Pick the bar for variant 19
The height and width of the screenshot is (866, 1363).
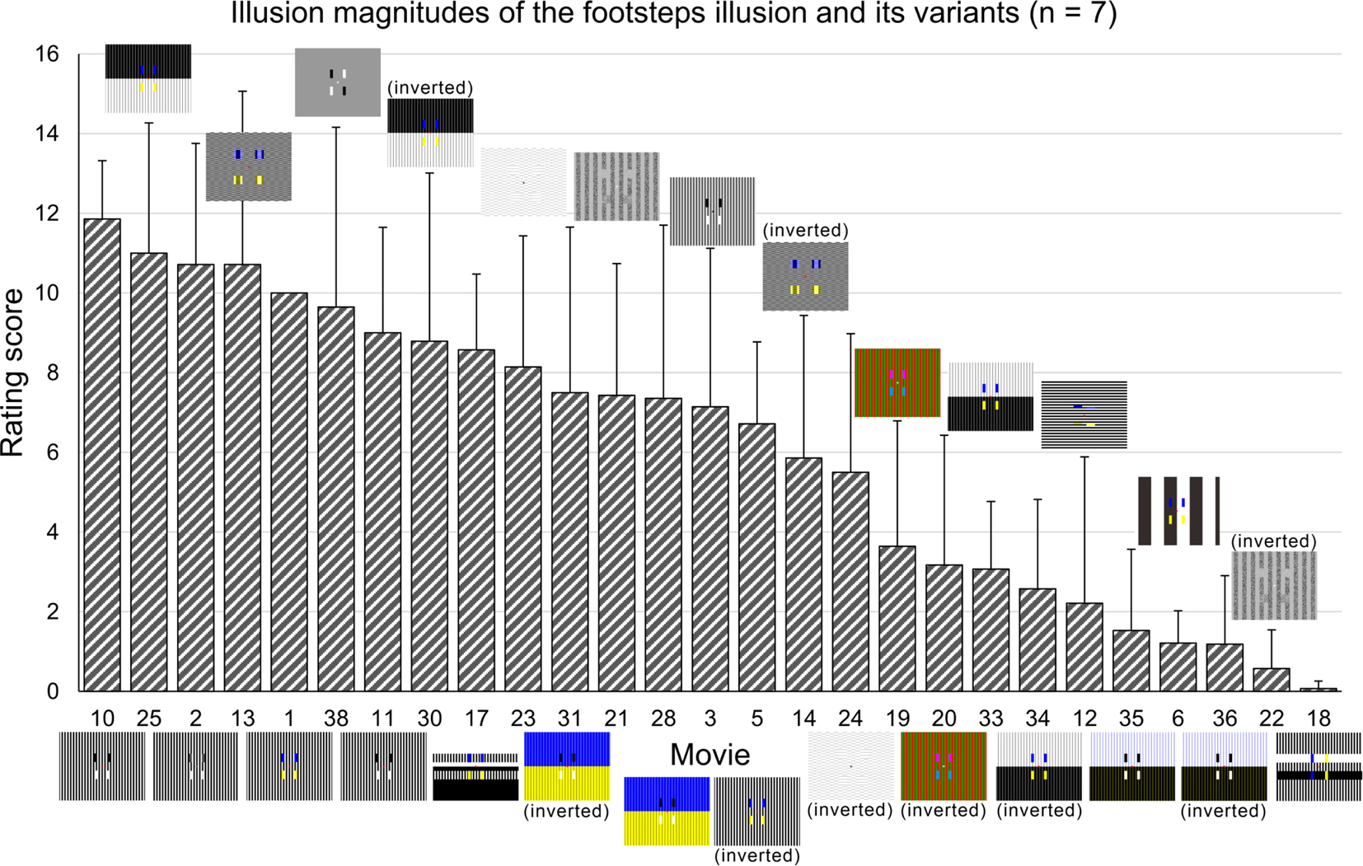coord(897,618)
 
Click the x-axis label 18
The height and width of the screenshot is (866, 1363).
coord(1319,719)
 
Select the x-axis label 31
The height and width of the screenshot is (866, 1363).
coord(569,719)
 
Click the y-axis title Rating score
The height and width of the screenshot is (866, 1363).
coord(13,372)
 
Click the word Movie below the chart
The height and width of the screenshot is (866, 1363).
coord(710,755)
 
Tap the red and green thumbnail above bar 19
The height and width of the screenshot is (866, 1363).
coord(897,382)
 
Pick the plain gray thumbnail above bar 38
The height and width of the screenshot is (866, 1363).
coord(338,82)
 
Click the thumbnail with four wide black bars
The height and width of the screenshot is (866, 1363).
coord(1178,511)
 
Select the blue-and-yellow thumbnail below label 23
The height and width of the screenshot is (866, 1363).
coord(567,766)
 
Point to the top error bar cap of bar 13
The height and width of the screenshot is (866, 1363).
coord(242,91)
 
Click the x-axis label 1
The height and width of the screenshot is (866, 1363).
coord(289,719)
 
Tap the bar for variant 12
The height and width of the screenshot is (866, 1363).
coord(1084,647)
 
